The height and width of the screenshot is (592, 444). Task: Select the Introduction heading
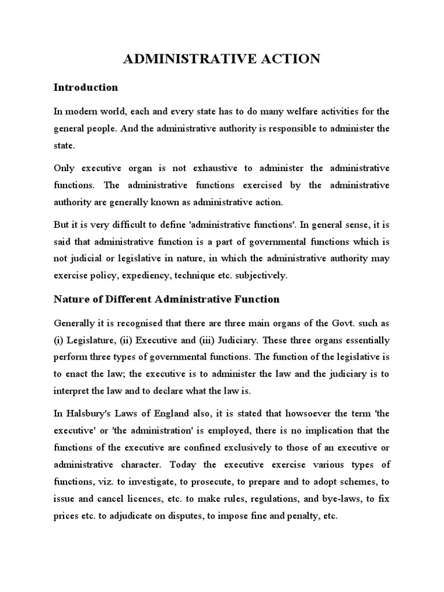pyautogui.click(x=86, y=88)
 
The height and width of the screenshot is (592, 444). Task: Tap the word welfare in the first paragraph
pyautogui.click(x=272, y=111)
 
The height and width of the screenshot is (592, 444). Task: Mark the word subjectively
pyautogui.click(x=258, y=276)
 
